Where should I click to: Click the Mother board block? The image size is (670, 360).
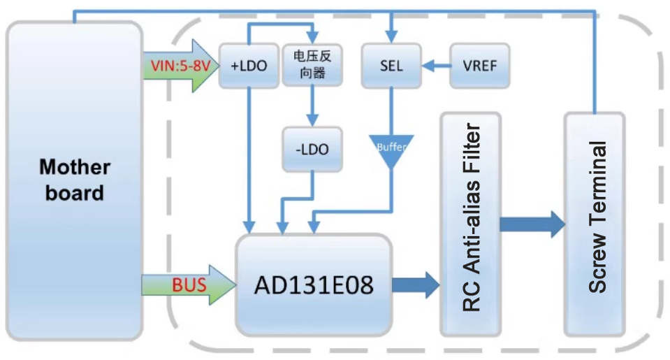pos(74,180)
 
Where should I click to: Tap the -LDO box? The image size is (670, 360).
pos(312,149)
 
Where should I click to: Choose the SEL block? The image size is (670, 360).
pos(392,66)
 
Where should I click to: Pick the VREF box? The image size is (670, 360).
pos(479,66)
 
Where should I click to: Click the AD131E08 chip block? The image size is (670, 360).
pos(313,285)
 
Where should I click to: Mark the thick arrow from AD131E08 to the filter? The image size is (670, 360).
pos(416,285)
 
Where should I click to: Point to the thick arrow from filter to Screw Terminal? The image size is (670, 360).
pos(532,224)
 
